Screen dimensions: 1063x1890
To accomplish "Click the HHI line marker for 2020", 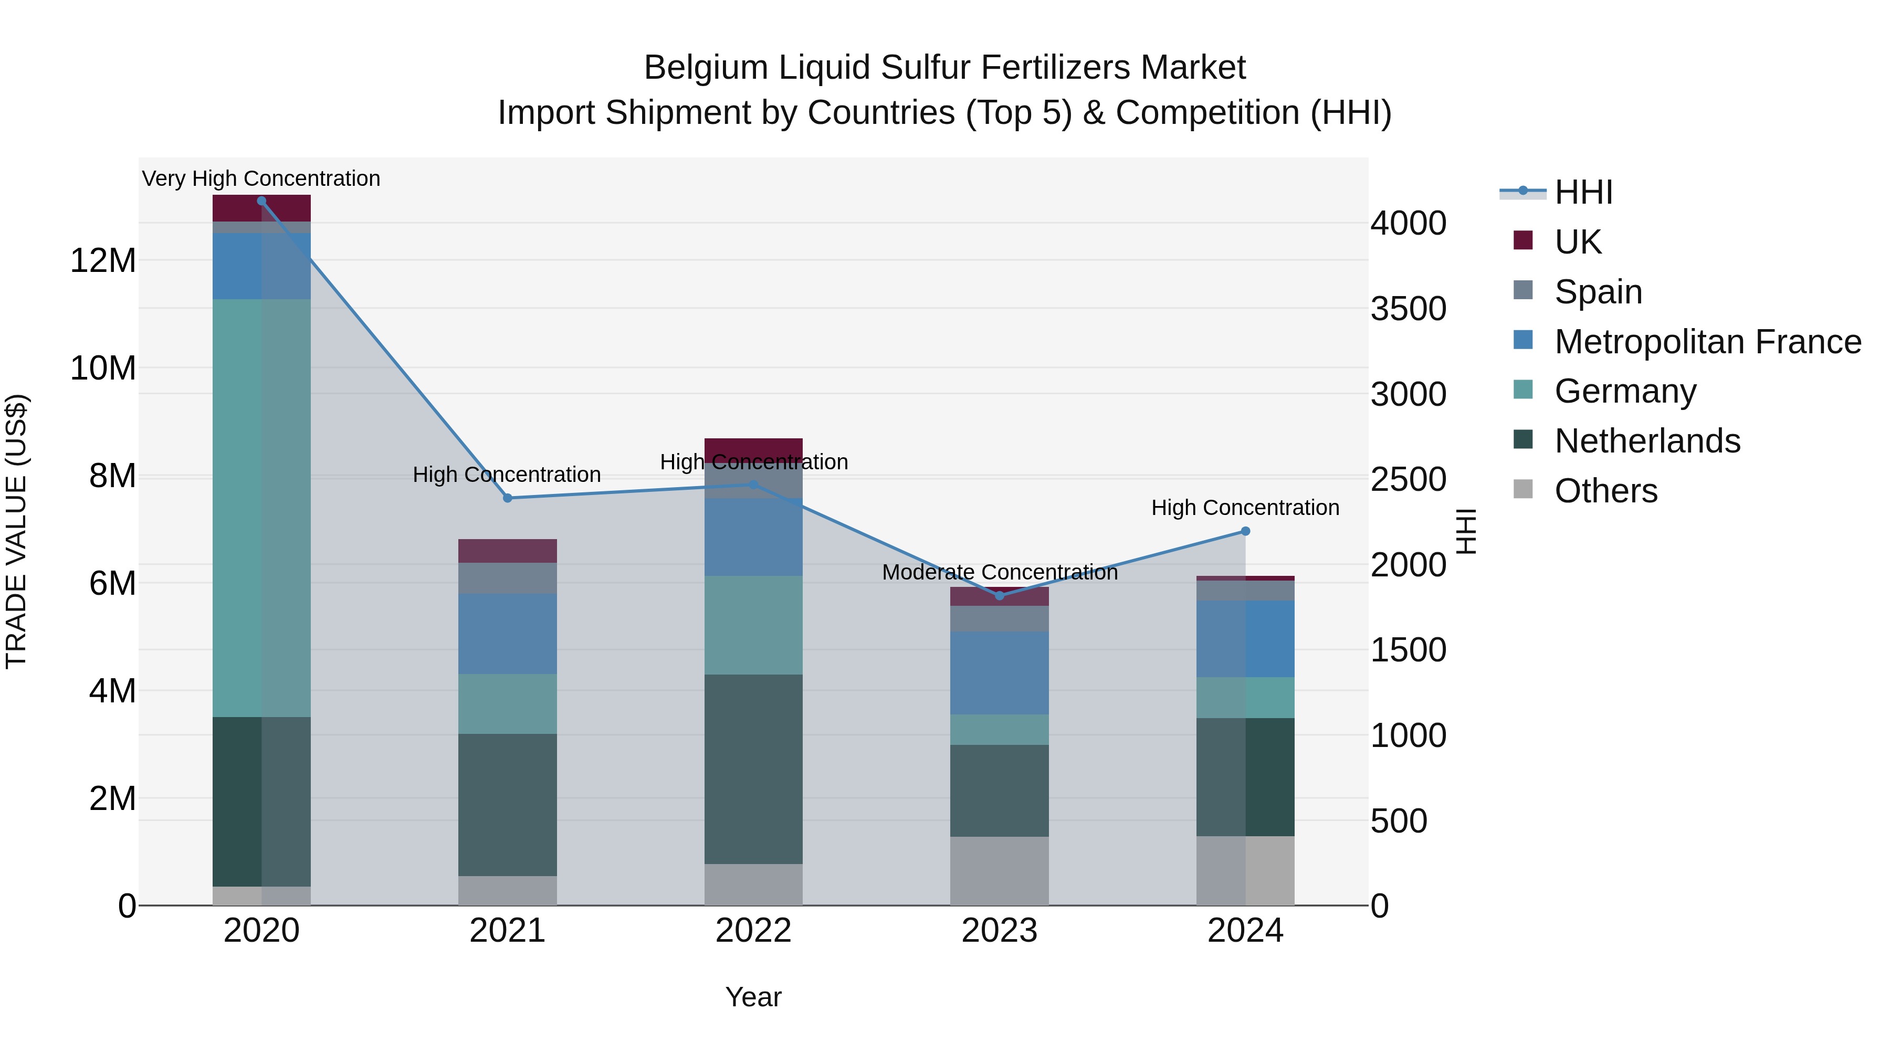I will click(x=261, y=201).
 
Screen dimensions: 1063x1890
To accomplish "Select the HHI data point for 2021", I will click(x=507, y=498).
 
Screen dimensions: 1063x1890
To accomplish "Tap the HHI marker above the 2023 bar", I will click(x=999, y=596).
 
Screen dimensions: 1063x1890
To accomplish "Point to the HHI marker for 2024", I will click(x=1245, y=531).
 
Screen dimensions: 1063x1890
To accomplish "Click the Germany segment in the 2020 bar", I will click(x=261, y=508).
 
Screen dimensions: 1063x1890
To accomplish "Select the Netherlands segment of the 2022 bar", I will click(x=753, y=769).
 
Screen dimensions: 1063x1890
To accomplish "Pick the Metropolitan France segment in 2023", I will click(x=999, y=673).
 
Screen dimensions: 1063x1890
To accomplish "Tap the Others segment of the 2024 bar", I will click(x=1245, y=870).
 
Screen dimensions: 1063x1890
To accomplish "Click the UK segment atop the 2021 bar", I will click(x=507, y=551).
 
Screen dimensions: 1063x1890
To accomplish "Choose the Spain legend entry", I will click(x=1598, y=292).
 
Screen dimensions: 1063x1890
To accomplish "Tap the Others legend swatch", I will click(x=1523, y=489).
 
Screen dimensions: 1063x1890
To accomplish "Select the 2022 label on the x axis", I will click(x=753, y=931).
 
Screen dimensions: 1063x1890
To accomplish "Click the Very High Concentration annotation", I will click(x=261, y=179).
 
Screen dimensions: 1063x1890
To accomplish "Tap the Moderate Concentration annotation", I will click(x=999, y=572).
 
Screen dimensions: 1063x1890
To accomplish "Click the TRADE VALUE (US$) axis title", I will click(x=16, y=531).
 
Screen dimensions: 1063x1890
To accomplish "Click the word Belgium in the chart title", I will click(x=706, y=68).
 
